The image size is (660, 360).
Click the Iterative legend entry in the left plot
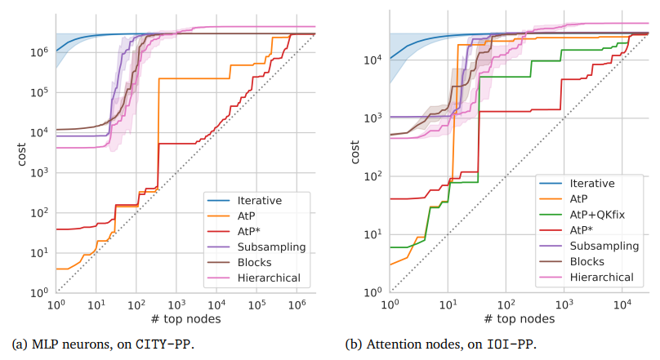pyautogui.click(x=260, y=200)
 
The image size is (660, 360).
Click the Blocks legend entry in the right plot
pyautogui.click(x=588, y=261)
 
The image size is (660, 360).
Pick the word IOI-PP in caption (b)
pyautogui.click(x=512, y=344)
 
